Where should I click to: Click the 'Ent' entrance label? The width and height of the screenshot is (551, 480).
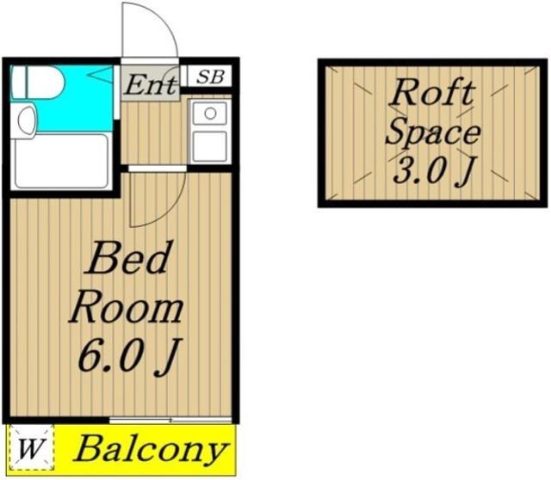click(152, 84)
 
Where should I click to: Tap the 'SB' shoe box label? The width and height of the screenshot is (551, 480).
click(209, 77)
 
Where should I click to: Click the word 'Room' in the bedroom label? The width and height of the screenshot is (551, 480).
click(127, 307)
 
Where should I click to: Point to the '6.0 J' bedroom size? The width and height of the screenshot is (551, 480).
click(127, 356)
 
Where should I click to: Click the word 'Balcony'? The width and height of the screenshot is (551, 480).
click(152, 449)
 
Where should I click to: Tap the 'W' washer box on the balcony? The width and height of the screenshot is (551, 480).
click(31, 448)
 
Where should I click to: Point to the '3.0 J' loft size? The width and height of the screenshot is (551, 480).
click(431, 172)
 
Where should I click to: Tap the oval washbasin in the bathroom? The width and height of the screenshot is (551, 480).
click(25, 120)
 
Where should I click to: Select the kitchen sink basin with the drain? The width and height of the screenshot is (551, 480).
click(209, 114)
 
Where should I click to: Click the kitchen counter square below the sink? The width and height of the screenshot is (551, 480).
click(209, 146)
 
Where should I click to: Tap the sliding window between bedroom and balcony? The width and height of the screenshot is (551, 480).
click(171, 420)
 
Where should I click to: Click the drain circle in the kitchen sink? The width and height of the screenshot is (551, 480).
click(209, 113)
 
